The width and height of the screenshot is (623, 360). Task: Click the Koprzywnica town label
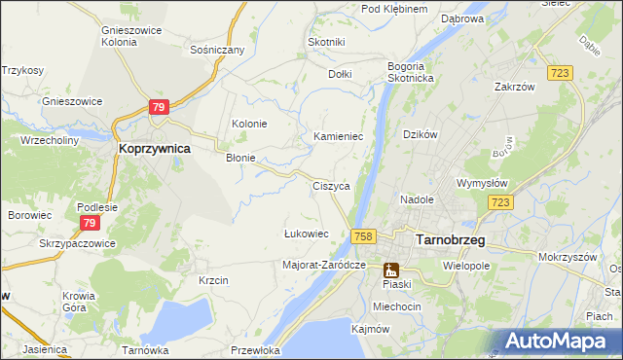click(154, 149)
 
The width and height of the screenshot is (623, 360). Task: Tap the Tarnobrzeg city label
click(451, 238)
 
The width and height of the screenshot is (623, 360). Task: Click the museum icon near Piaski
click(391, 270)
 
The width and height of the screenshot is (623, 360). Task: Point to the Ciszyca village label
click(331, 186)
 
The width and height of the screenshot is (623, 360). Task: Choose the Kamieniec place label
click(338, 137)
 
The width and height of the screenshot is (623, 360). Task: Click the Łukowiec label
click(306, 234)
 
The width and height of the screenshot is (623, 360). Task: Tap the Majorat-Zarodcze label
click(323, 265)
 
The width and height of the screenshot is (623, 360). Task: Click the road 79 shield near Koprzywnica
click(161, 107)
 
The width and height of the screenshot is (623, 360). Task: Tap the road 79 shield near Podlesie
click(89, 224)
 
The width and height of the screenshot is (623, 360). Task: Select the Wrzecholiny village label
click(50, 140)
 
